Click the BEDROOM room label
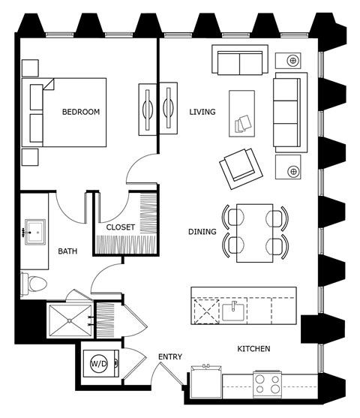coord(80,112)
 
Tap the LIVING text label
coord(202,112)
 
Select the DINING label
coord(202,232)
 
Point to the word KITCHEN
coord(253,349)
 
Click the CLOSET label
coord(120,227)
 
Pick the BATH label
coord(68,251)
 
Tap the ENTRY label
coord(170,356)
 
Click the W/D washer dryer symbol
coord(99,362)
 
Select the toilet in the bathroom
coord(35,282)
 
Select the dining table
coord(255,233)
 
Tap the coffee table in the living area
coord(244,113)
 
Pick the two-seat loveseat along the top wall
coord(238,61)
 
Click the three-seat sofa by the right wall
coord(289,112)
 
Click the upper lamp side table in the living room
coord(292,60)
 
